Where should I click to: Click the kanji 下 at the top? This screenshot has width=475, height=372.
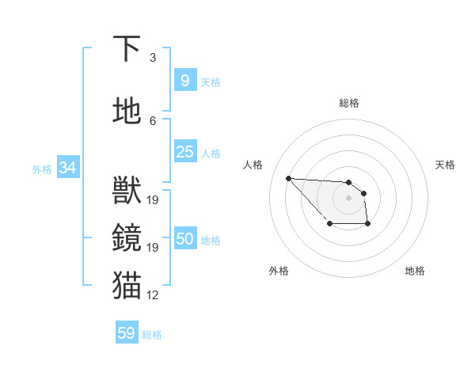pos(127,49)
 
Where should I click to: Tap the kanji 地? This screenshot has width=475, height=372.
pos(127,111)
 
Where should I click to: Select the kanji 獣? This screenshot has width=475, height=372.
pos(127,191)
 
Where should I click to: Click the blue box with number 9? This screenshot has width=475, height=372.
pos(184,81)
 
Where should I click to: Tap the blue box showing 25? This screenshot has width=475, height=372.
pos(184,152)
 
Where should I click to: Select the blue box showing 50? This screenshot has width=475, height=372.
pos(184,240)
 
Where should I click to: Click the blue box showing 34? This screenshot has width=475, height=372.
pos(67,168)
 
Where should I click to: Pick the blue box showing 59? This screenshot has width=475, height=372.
pos(127,333)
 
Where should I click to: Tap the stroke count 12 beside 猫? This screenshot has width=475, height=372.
pos(153,295)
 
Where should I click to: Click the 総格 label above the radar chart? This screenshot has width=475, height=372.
pos(348,103)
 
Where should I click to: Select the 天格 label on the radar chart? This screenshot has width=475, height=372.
pos(445,165)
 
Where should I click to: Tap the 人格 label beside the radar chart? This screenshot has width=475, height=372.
pos(253,165)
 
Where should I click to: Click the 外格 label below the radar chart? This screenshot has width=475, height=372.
pos(279,271)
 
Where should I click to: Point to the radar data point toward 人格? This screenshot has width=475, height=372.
pos(289,178)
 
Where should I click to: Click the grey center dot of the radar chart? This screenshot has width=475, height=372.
pos(348,197)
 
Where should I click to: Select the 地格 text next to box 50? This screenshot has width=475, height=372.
pos(211,241)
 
